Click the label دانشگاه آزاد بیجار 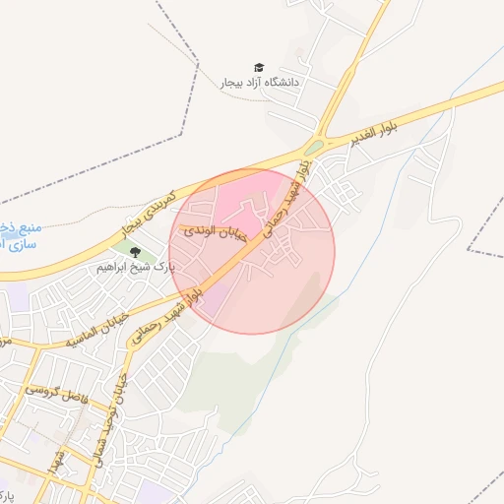tap(259, 84)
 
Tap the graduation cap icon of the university tap(259, 67)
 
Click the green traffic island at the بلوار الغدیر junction tap(313, 149)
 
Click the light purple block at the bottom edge tap(153, 492)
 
